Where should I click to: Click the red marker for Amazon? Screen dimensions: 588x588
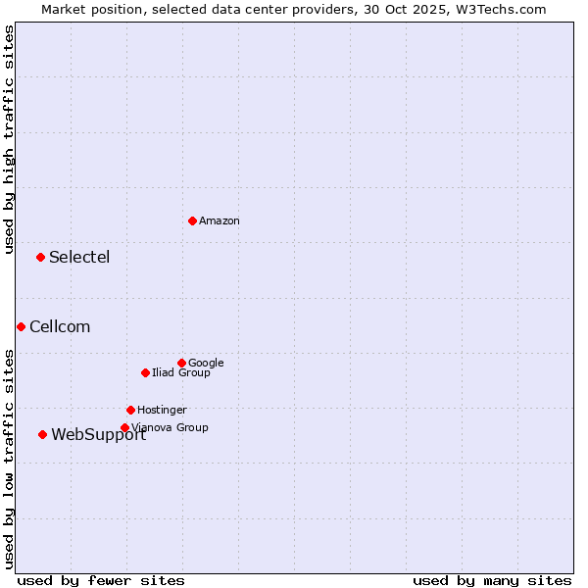[192, 220]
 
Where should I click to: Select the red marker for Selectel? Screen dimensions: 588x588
[40, 257]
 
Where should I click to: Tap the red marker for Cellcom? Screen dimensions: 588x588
[21, 326]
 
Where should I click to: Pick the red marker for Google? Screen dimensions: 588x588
[181, 363]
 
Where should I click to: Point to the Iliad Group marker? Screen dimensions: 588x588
[145, 372]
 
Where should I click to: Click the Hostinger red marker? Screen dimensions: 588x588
[130, 410]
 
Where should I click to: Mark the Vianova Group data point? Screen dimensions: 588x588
[124, 427]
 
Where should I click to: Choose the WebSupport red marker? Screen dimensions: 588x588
[42, 434]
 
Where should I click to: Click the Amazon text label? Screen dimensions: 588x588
[220, 221]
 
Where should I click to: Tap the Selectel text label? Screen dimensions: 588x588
[79, 258]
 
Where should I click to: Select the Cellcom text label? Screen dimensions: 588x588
[60, 327]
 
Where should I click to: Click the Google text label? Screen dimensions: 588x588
[206, 364]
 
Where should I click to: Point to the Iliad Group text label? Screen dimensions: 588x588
[181, 373]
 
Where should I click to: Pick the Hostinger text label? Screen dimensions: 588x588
[162, 411]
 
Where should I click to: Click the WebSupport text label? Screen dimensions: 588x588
[98, 435]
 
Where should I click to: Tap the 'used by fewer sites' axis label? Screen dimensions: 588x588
[101, 581]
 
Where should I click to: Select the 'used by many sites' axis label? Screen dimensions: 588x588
[492, 581]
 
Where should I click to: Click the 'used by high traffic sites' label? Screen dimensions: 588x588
[9, 139]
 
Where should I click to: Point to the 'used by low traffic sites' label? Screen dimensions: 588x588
[9, 459]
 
